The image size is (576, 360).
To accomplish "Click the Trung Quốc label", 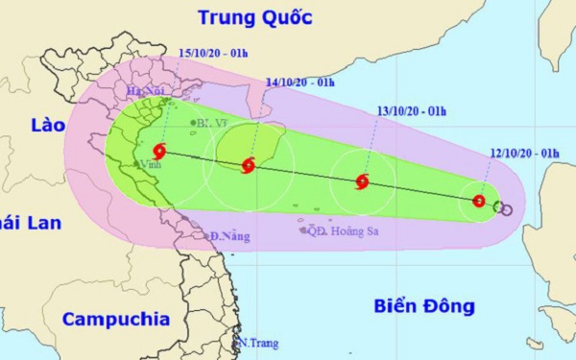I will pyautogui.click(x=258, y=16).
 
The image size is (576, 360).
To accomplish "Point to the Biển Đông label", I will pyautogui.click(x=424, y=307).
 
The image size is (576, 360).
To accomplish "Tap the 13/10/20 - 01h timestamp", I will pyautogui.click(x=408, y=111).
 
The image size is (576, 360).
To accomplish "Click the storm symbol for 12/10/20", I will pyautogui.click(x=479, y=201).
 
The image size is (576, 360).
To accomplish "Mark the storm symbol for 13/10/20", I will pyautogui.click(x=362, y=181).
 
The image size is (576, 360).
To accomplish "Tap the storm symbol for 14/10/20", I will pyautogui.click(x=248, y=165).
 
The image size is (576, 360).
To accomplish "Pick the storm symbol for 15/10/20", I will pyautogui.click(x=158, y=150).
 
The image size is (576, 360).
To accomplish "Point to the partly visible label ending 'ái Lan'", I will pyautogui.click(x=31, y=223).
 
